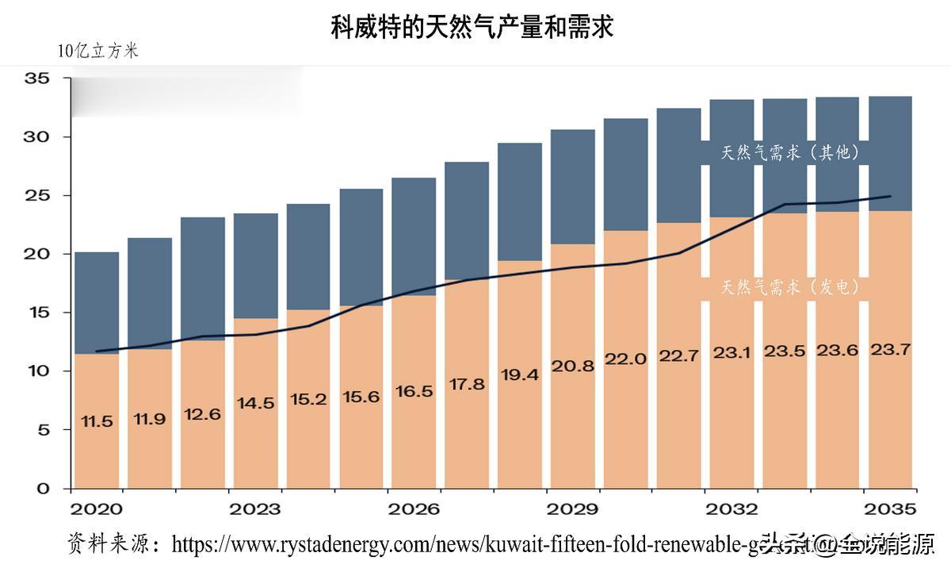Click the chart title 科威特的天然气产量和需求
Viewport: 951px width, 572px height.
pyautogui.click(x=472, y=29)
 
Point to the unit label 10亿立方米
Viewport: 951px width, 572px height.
pyautogui.click(x=97, y=51)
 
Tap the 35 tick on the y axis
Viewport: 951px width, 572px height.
pyautogui.click(x=37, y=79)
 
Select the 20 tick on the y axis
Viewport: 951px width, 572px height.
pyautogui.click(x=37, y=254)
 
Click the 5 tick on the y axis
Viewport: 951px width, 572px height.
pyautogui.click(x=44, y=430)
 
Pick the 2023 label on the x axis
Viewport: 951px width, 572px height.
pyautogui.click(x=254, y=509)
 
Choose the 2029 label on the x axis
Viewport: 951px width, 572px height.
pyautogui.click(x=573, y=509)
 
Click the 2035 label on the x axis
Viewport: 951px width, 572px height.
pyautogui.click(x=891, y=509)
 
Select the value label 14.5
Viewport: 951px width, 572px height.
pyautogui.click(x=255, y=403)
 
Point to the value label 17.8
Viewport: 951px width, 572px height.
pyautogui.click(x=467, y=384)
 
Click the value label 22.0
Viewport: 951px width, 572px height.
pyautogui.click(x=626, y=359)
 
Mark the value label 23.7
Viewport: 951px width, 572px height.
pyautogui.click(x=891, y=350)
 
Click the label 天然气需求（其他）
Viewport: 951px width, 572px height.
pyautogui.click(x=790, y=153)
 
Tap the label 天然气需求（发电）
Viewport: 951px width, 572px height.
pyautogui.click(x=790, y=287)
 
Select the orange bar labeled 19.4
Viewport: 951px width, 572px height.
pyautogui.click(x=520, y=428)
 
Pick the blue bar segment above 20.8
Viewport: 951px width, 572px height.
pyautogui.click(x=573, y=186)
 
